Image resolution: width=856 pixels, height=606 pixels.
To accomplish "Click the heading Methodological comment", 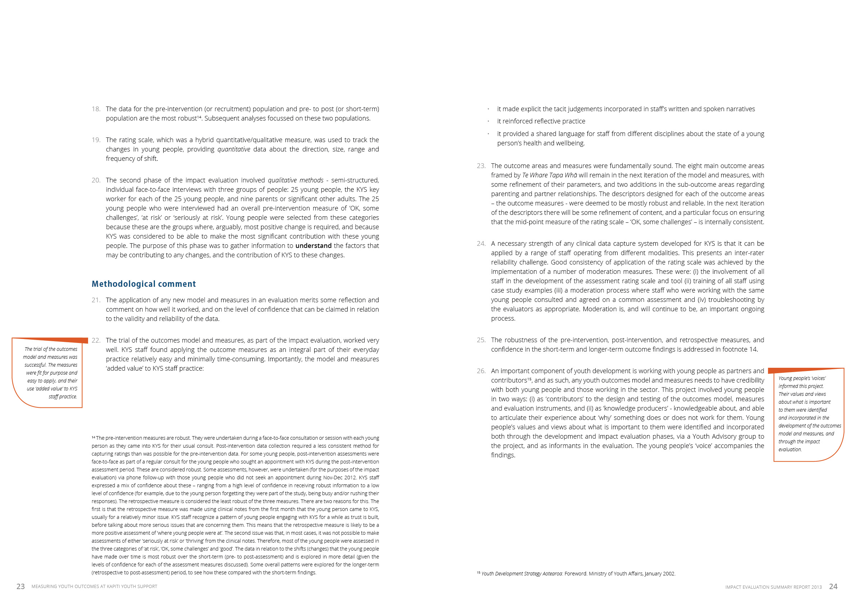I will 143,284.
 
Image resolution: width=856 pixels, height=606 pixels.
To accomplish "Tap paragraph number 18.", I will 96,109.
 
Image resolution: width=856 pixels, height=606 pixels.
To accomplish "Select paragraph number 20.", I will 96,180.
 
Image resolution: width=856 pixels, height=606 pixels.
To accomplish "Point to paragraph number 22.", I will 96,340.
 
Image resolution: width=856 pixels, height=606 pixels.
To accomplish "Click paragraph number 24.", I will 481,244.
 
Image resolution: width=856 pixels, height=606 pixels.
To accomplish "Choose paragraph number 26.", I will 481,371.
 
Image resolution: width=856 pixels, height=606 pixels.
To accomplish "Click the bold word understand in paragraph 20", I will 313,246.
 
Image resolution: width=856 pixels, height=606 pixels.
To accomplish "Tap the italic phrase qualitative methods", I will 295,180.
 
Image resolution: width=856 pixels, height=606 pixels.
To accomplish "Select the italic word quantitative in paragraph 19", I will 234,149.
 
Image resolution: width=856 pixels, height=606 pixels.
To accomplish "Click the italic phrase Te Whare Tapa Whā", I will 549,175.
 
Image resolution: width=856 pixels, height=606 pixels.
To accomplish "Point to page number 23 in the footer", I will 20,587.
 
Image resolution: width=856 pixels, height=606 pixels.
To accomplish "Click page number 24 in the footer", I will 833,587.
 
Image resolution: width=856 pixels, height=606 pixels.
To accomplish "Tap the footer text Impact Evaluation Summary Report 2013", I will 773,587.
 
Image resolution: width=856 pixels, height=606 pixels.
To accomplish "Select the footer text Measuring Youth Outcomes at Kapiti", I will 94,587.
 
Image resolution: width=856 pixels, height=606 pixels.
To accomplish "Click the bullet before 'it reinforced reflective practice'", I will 488,122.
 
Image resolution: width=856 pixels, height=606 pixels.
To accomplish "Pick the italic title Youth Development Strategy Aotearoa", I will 522,574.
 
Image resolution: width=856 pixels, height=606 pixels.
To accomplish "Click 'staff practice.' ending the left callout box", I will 63,397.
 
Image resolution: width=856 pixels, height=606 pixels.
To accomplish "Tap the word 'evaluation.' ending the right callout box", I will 790,450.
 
